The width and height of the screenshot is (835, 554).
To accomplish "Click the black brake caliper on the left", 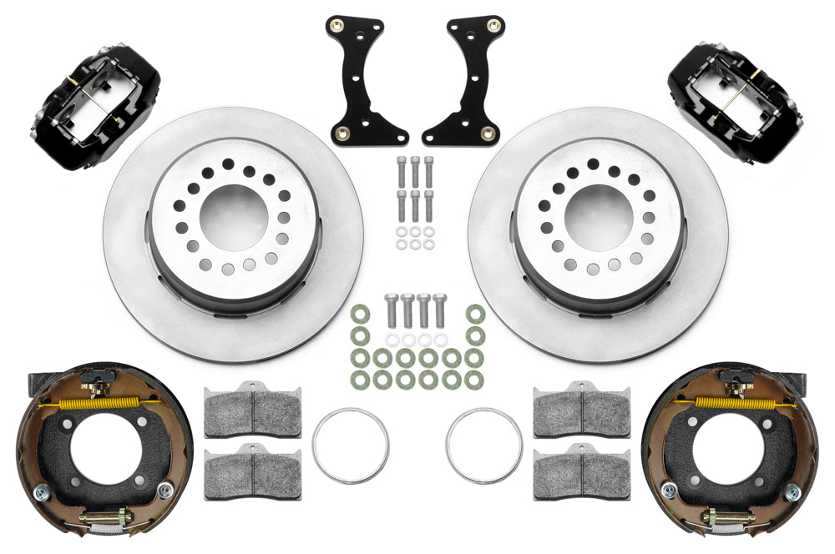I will coord(96,108).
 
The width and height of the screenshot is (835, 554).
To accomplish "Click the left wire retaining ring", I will coord(351,445).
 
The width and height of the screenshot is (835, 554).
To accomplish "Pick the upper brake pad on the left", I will coord(252,409).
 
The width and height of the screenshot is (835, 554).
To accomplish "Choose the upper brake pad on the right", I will coord(582,409).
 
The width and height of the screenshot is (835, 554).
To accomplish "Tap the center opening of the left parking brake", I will coord(105,456).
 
